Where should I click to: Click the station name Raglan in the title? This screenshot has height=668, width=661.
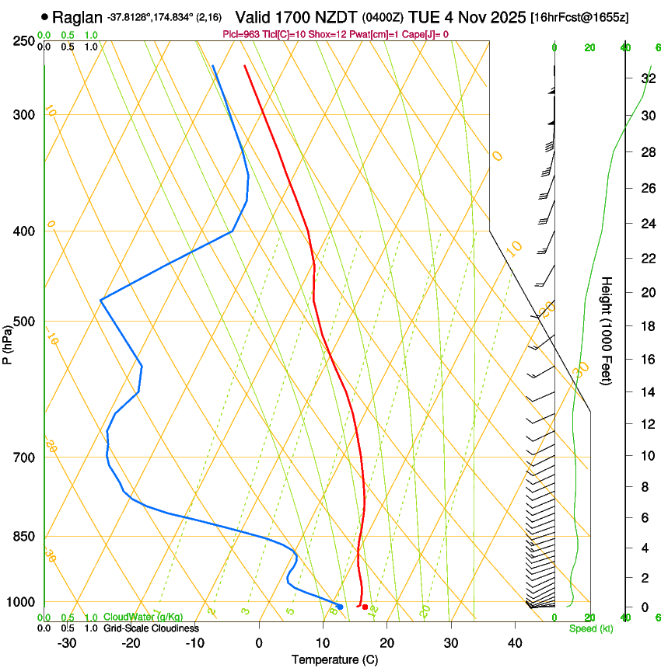click(x=77, y=17)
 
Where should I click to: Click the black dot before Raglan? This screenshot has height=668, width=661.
click(x=44, y=16)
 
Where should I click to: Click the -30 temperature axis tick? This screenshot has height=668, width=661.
click(x=67, y=643)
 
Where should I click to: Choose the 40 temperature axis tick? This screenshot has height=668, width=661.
click(x=515, y=643)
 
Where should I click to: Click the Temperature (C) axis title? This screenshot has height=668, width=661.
click(x=334, y=659)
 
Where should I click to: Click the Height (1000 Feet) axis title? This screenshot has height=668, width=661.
click(x=607, y=330)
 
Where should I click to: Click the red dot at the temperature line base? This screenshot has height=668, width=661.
click(x=365, y=607)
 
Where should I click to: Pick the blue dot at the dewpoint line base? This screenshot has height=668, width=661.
click(x=340, y=607)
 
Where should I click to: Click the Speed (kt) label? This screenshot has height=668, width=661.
click(x=590, y=628)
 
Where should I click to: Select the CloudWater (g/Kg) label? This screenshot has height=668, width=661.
click(x=144, y=618)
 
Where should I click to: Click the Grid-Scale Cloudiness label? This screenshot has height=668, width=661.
click(x=151, y=628)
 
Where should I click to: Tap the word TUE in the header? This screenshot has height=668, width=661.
click(x=413, y=17)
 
